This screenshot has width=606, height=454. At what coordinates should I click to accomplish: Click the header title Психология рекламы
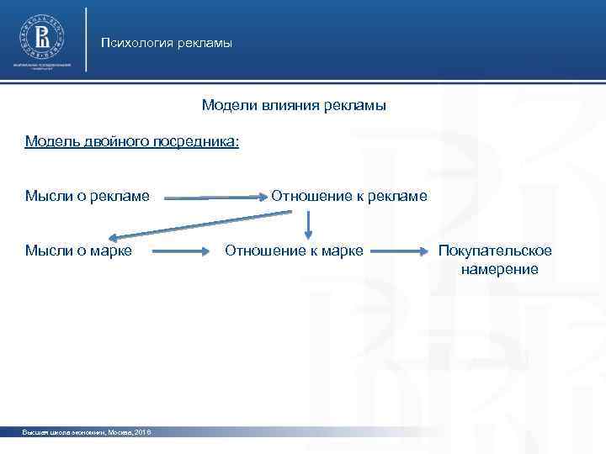coord(166,43)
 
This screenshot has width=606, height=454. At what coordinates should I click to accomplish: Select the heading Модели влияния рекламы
coord(294,106)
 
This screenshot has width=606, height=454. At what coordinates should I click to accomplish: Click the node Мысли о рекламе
coord(88,196)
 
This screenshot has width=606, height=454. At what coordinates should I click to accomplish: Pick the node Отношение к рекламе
coord(348,196)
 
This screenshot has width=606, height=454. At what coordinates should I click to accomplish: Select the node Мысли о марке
coord(78,250)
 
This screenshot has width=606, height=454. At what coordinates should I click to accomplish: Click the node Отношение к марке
coord(294,250)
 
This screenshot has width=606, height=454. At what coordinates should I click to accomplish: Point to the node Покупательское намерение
coord(494,260)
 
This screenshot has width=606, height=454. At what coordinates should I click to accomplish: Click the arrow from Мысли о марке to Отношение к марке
coord(178,251)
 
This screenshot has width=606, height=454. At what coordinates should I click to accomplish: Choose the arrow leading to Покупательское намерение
coord(399,251)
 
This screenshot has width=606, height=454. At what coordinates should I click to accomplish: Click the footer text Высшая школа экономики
coord(64,431)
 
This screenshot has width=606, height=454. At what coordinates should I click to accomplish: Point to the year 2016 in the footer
coord(141,431)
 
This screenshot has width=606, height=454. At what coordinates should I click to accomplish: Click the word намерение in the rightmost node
coord(499,269)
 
